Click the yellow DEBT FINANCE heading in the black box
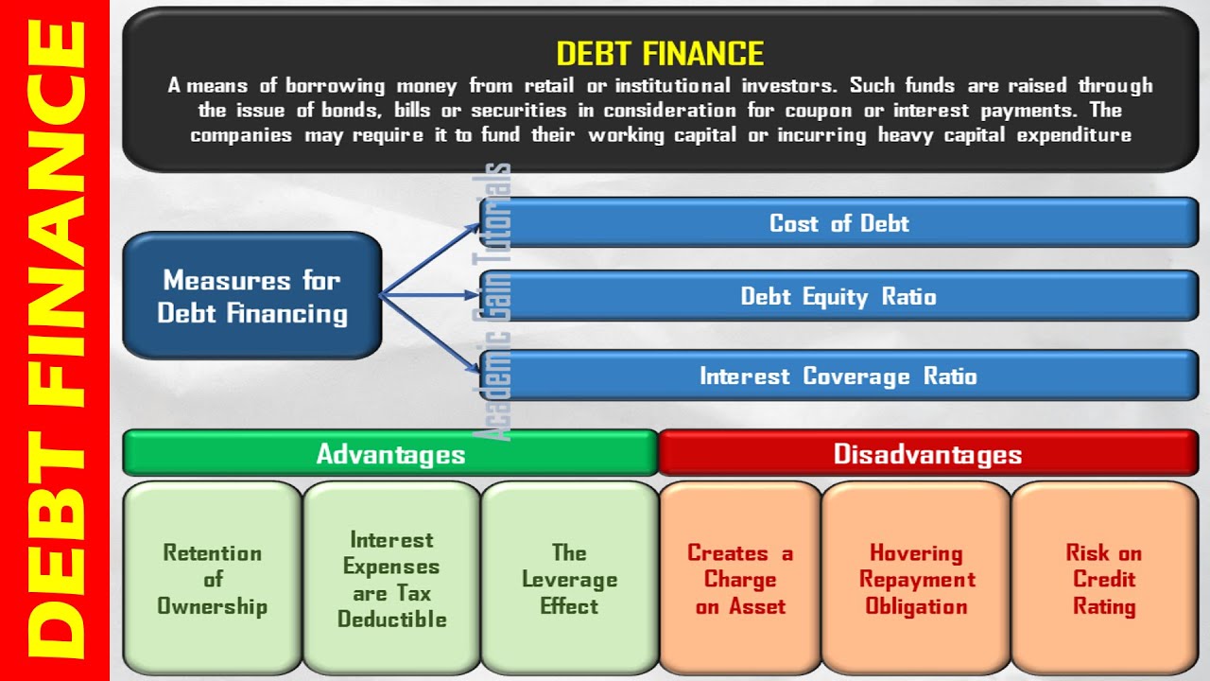coord(659,52)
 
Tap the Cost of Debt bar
coord(838,223)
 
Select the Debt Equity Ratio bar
coord(838,296)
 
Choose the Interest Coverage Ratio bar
coord(838,375)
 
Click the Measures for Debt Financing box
coord(252,296)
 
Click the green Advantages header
coord(390,453)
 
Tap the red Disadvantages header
coord(927,453)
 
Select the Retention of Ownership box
coord(212,579)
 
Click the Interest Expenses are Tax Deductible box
coord(391,579)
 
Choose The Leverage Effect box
coord(569,579)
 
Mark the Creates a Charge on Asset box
coord(740,579)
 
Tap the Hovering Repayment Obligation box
coord(916,579)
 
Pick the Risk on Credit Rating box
coord(1104,579)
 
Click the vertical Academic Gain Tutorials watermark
coord(497,303)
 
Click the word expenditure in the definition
coord(1074,135)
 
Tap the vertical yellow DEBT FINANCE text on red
coord(54,340)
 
